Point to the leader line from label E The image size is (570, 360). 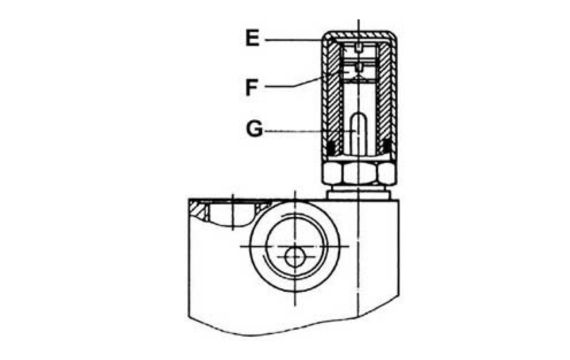(x=310, y=40)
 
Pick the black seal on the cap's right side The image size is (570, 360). (x=385, y=151)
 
